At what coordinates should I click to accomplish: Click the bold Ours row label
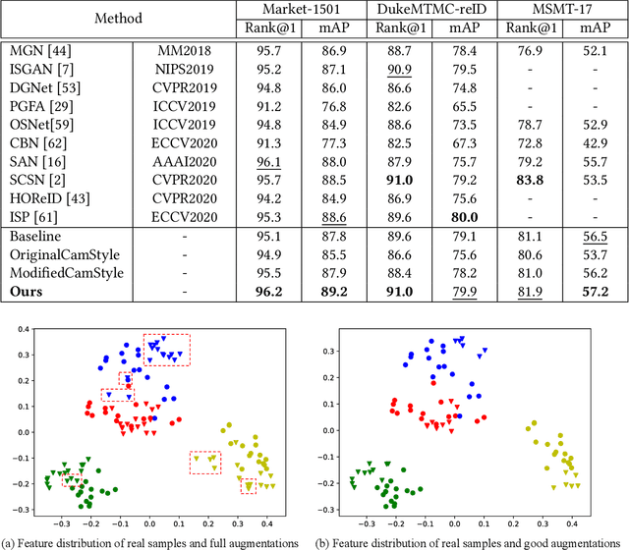(29, 292)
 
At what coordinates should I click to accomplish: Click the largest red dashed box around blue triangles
(166, 350)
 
